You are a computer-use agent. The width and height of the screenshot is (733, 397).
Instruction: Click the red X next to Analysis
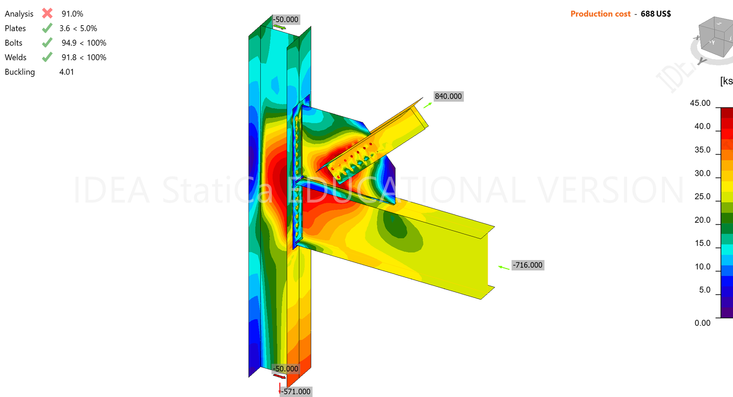pyautogui.click(x=47, y=14)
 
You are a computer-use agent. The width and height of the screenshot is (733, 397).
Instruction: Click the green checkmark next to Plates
pyautogui.click(x=47, y=28)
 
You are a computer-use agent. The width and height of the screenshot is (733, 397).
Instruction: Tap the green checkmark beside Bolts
pyautogui.click(x=47, y=43)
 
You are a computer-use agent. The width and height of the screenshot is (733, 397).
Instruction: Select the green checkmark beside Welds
pyautogui.click(x=47, y=57)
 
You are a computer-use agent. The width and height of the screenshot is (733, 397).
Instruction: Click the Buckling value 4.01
pyautogui.click(x=66, y=72)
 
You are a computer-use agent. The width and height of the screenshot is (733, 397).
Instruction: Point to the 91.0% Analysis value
pyautogui.click(x=72, y=14)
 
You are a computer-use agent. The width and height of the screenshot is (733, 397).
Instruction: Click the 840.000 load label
pyautogui.click(x=448, y=96)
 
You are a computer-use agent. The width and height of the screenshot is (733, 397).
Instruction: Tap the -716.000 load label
pyautogui.click(x=527, y=265)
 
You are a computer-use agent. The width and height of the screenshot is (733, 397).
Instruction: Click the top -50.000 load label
pyautogui.click(x=286, y=19)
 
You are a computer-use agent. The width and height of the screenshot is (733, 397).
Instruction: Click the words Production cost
pyautogui.click(x=600, y=14)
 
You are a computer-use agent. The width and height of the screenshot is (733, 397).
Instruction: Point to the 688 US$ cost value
pyautogui.click(x=656, y=14)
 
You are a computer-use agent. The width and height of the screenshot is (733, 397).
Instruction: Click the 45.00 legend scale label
pyautogui.click(x=700, y=103)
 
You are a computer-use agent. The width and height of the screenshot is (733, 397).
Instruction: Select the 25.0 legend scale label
pyautogui.click(x=702, y=197)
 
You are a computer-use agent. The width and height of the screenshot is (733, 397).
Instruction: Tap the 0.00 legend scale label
pyautogui.click(x=702, y=323)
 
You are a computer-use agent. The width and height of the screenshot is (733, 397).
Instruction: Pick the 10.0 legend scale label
pyautogui.click(x=702, y=267)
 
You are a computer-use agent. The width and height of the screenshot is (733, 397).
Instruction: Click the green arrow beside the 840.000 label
pyautogui.click(x=427, y=105)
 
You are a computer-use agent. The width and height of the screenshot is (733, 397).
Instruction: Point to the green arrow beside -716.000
pyautogui.click(x=504, y=268)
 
